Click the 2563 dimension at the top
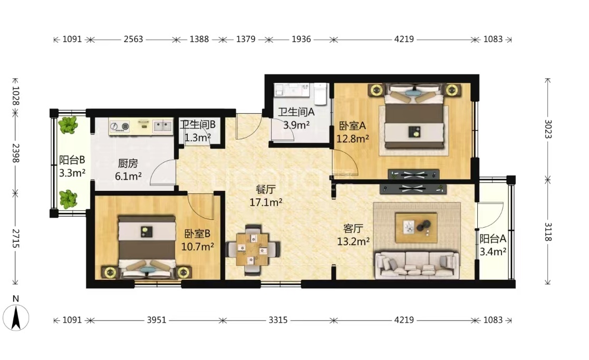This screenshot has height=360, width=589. (133, 39)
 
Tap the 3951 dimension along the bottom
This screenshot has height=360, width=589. (157, 320)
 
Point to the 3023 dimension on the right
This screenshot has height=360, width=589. (548, 129)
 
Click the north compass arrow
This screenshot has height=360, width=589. (16, 318)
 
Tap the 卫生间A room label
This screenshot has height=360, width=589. (296, 112)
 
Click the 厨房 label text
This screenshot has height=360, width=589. (128, 163)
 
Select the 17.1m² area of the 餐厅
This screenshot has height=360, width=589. (266, 203)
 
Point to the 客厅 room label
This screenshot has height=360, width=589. (353, 228)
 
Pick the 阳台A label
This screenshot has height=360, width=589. (493, 238)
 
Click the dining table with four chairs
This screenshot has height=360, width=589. (253, 250)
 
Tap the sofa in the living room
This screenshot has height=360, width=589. (417, 265)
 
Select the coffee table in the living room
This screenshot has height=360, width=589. (416, 228)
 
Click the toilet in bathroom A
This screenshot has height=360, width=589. (321, 93)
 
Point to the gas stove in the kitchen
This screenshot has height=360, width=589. (120, 127)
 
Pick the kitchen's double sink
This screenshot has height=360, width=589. (162, 126)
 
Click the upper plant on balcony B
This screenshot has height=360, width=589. (68, 125)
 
